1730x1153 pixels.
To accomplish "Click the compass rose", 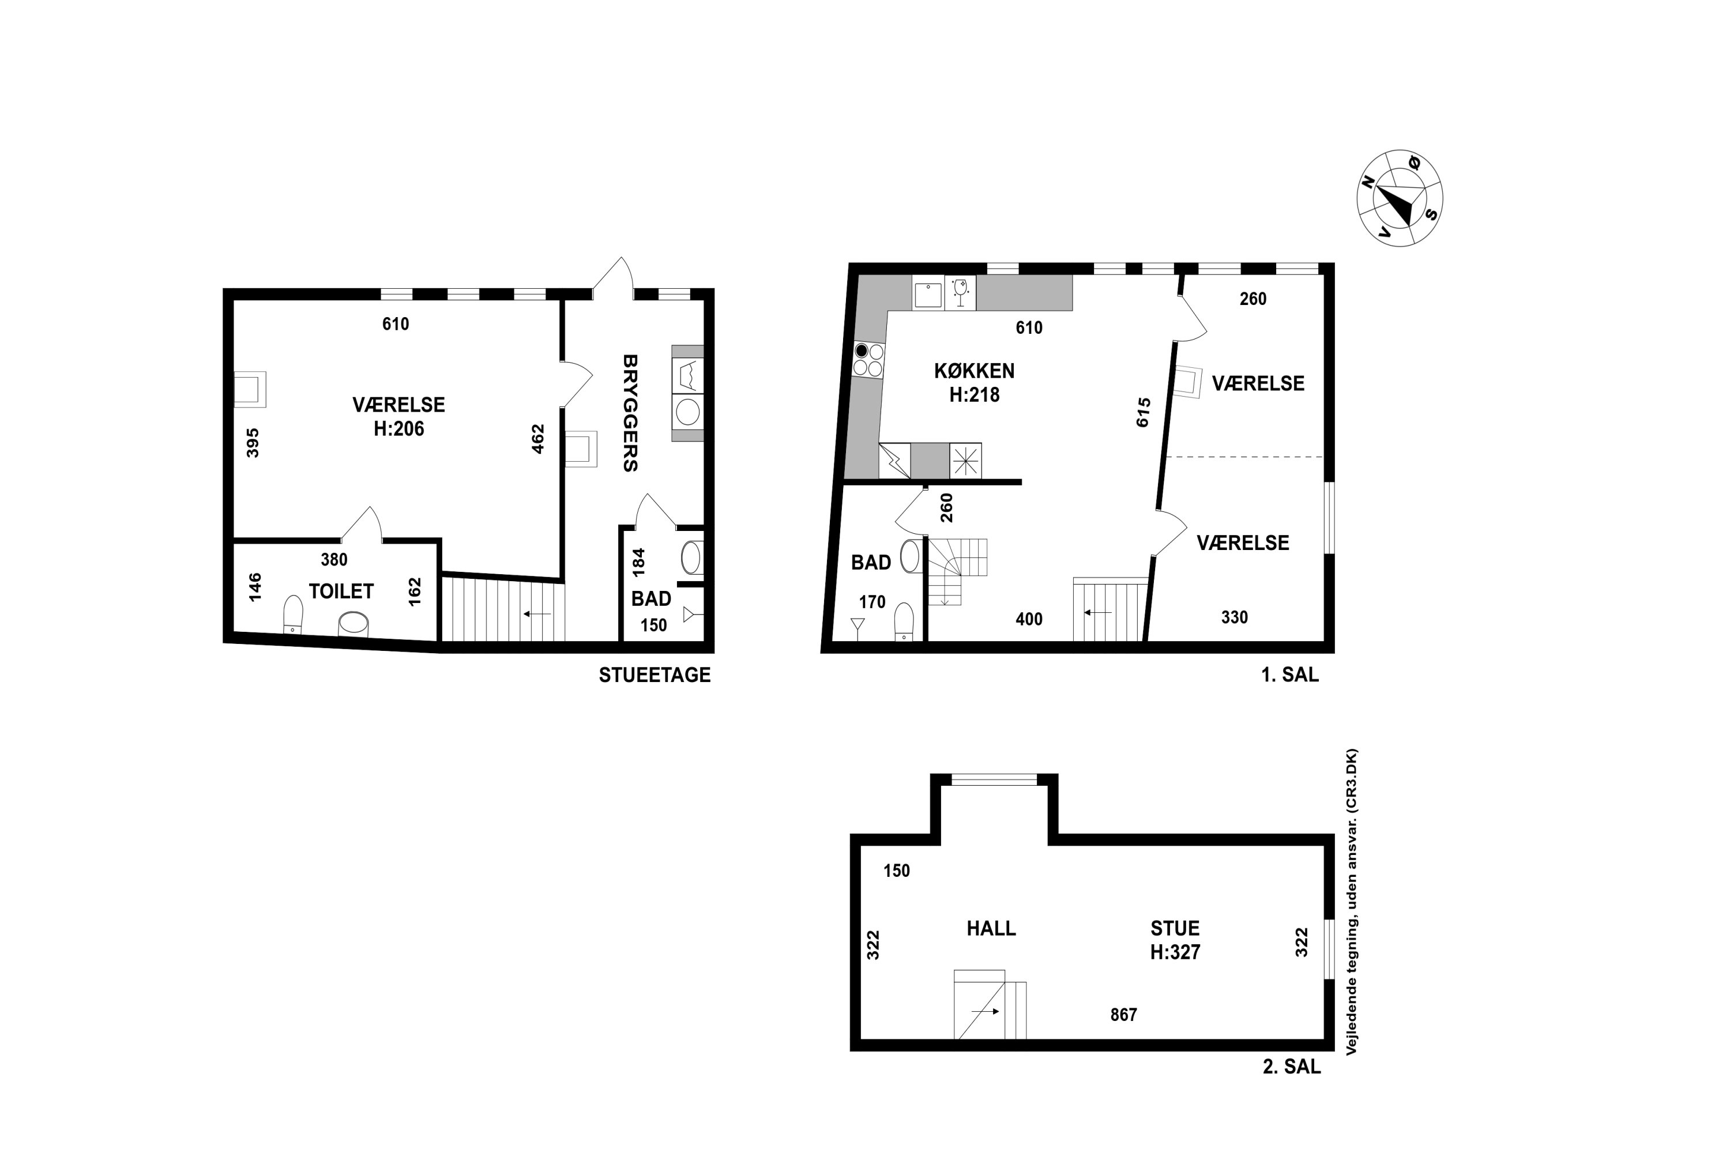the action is point(1399,198).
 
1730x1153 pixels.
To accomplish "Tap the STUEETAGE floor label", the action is point(655,675).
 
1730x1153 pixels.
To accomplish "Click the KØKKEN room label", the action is point(974,371).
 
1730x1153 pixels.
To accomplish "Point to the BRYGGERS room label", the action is point(630,413).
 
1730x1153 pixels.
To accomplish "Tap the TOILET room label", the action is point(341,591).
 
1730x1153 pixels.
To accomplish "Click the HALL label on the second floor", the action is point(991,928).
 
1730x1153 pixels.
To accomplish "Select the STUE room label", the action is point(1175,928).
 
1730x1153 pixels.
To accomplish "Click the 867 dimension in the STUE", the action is point(1123,1015).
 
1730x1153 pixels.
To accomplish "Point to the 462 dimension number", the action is point(537,438).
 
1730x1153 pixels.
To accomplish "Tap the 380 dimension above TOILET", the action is point(334,560).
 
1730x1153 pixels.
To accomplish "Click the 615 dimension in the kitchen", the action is point(1143,413).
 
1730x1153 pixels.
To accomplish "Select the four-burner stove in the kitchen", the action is point(868,360).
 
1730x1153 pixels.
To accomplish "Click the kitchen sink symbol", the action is point(927,293).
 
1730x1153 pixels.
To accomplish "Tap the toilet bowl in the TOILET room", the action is point(293,615).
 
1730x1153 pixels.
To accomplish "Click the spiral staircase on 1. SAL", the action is point(957,571).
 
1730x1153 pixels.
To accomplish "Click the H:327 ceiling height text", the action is point(1175,952).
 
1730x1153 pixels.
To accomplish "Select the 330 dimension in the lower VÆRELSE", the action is point(1234,617).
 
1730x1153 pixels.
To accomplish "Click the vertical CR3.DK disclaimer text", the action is point(1351,902).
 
